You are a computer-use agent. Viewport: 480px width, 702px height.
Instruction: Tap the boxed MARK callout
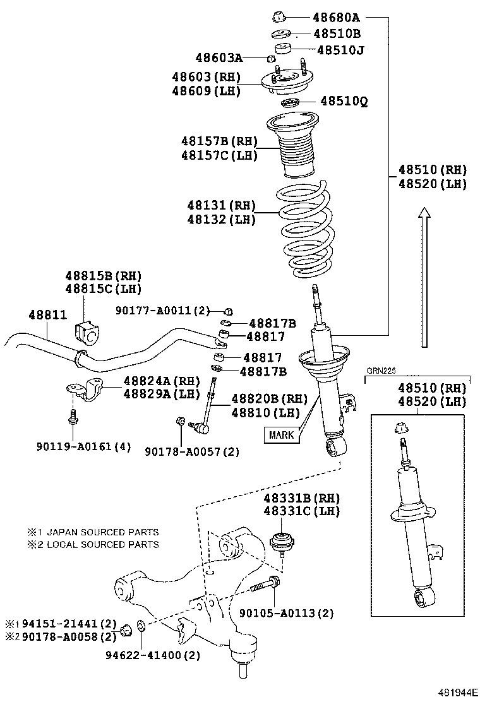tap(282, 434)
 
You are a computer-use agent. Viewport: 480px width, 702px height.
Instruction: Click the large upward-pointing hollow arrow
tap(425, 277)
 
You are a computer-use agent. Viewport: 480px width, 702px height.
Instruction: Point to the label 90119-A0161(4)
tap(83, 446)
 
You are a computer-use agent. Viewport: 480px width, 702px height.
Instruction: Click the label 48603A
tap(219, 58)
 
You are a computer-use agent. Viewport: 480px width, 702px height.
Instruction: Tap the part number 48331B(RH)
tap(302, 497)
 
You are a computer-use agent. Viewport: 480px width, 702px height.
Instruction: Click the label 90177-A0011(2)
tap(162, 310)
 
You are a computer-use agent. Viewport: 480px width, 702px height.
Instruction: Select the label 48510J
tap(340, 49)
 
